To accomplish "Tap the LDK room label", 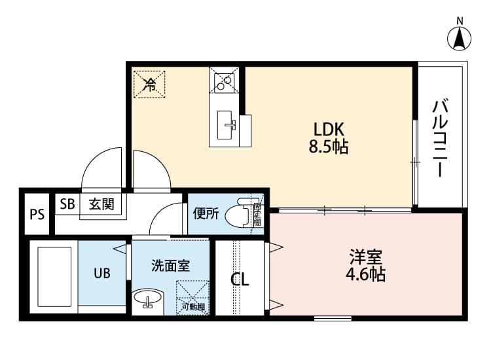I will pos(328,129).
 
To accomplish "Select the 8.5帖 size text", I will pos(328,147).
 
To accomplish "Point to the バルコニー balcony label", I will pos(441,138).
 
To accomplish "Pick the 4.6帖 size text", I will pos(366,274).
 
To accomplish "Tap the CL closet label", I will pos(240,280).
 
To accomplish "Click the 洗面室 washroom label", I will pos(170,266).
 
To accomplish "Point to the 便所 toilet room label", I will pos(206,213).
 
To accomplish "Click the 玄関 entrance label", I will pos(101,204).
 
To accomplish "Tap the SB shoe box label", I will pos(67,204).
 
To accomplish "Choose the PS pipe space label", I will pos(37,214).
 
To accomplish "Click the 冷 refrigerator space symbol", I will pos(149,84).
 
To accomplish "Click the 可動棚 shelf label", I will pos(193,306).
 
